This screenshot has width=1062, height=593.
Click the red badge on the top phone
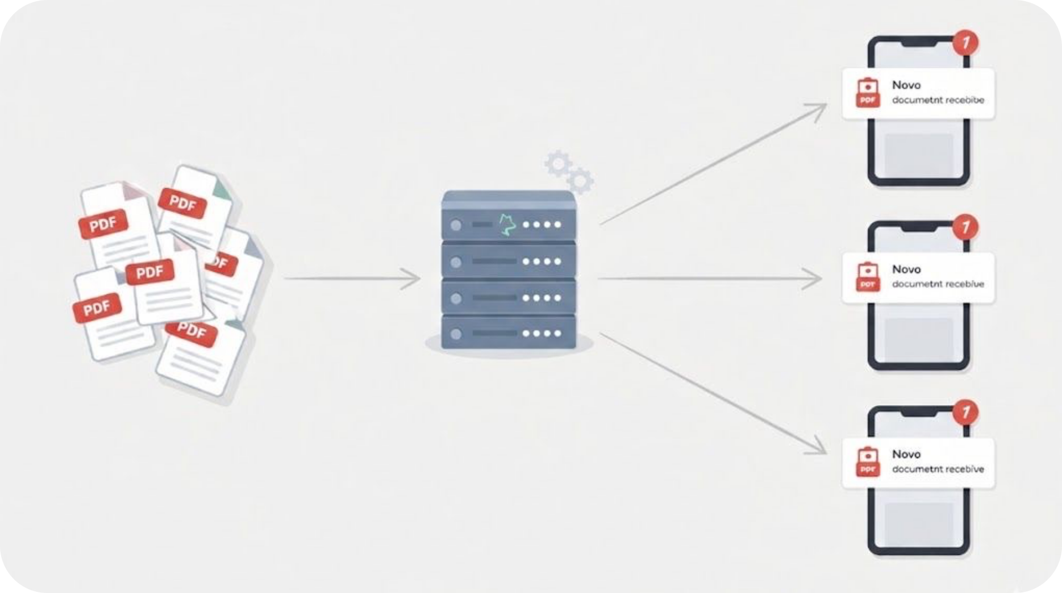[x=966, y=43]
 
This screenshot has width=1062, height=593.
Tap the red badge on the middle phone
[x=966, y=227]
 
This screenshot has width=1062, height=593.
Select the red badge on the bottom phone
[x=966, y=412]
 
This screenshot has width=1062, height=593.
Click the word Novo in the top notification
[x=906, y=85]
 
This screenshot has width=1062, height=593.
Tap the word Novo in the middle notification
[x=906, y=269]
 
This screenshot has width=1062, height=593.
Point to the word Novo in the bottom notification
[x=906, y=454]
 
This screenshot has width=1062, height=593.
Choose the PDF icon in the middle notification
[x=868, y=277]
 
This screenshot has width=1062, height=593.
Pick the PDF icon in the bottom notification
[x=868, y=462]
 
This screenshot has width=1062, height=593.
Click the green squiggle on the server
[x=507, y=225]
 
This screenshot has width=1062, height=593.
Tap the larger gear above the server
[x=558, y=163]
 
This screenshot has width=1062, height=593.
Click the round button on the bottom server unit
[x=456, y=334]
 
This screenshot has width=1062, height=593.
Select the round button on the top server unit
[x=456, y=225]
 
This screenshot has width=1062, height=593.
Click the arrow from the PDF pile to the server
[x=352, y=278]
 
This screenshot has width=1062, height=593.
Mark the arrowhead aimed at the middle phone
[x=814, y=278]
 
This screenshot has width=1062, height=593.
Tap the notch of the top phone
[x=918, y=43]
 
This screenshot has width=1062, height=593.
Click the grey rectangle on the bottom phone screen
[x=918, y=522]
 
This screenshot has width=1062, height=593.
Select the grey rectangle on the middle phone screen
[x=918, y=337]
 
